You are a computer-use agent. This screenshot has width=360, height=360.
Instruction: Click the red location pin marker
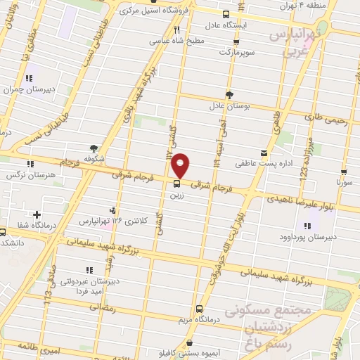181,165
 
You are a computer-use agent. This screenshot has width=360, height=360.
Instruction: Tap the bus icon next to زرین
176,184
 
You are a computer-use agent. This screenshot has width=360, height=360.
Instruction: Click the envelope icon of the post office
264,152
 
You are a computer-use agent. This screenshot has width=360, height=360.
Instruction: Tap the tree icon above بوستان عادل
229,94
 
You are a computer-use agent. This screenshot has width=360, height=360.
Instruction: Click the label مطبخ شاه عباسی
179,40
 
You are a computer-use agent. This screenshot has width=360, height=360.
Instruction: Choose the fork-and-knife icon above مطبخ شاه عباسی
176,30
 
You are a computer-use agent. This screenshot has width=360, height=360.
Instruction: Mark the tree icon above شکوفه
94,147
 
